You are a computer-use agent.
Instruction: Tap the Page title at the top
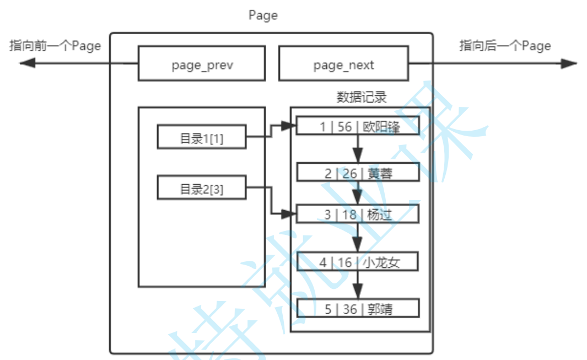(263, 15)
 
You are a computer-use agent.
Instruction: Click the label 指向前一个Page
(55, 46)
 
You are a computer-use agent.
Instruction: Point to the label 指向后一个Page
(505, 46)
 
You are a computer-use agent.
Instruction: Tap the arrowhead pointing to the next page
(569, 63)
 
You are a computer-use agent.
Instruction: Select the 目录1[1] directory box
(201, 137)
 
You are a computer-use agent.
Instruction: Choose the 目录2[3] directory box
(201, 188)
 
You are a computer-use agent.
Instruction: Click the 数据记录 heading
(361, 98)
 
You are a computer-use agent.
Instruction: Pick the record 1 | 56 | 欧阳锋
(359, 126)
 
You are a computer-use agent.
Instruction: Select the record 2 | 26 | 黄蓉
(359, 173)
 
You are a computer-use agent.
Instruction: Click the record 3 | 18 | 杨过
(358, 214)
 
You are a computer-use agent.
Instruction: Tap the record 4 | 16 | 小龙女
(358, 261)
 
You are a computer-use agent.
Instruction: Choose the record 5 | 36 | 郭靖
(358, 308)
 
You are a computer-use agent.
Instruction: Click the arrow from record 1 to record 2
(358, 149)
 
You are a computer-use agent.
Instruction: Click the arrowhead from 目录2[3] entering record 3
(290, 213)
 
